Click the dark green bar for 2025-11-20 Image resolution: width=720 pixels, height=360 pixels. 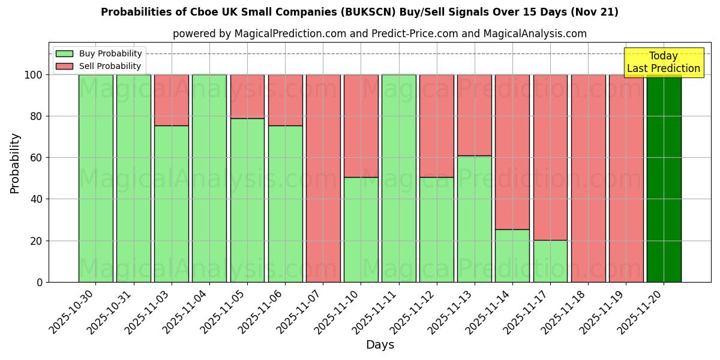[664, 178]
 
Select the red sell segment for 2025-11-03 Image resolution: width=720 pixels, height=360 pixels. [172, 100]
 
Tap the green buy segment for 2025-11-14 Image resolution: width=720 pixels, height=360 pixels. [512, 256]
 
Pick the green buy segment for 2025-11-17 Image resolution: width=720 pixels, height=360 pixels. [550, 261]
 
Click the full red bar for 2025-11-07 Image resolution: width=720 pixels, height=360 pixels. [323, 178]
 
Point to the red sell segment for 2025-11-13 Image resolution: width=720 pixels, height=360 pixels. [475, 115]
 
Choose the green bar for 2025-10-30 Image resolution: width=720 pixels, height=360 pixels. [95, 178]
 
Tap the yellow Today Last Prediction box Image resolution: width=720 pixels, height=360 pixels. [663, 62]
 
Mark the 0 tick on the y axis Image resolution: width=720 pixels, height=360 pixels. [40, 282]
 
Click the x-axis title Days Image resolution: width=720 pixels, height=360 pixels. [380, 345]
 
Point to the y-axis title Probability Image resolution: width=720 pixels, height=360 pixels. [15, 163]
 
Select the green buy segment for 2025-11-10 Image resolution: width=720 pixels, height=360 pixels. [361, 229]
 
